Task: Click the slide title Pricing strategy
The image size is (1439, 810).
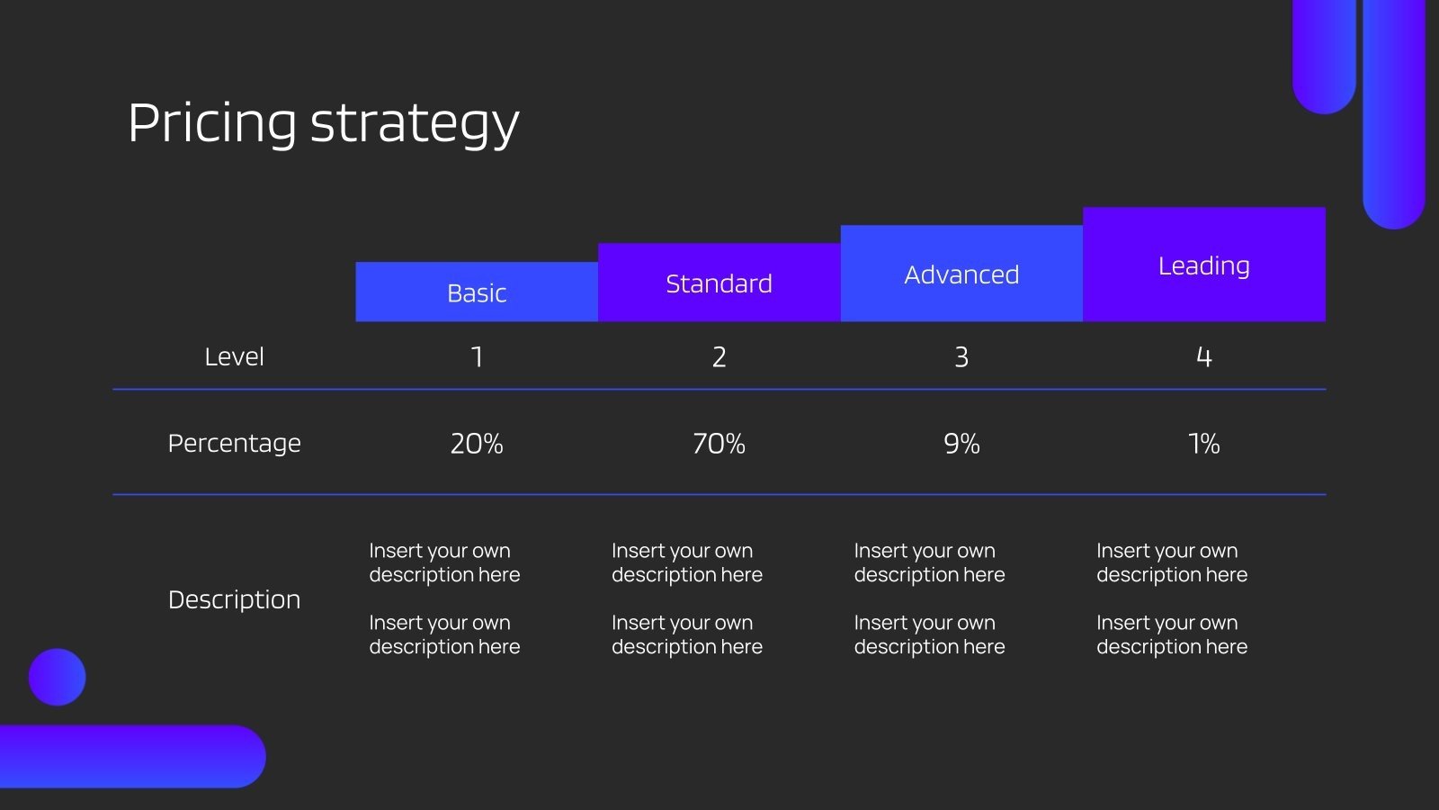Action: [323, 123]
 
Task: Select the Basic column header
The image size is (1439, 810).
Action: [477, 292]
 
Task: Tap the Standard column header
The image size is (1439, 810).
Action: [719, 283]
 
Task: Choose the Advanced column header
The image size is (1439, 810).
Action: [961, 274]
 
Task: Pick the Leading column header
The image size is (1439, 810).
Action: [1204, 265]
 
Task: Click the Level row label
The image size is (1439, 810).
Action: [234, 356]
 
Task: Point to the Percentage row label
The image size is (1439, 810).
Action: [234, 444]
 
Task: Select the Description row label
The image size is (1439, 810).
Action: [234, 599]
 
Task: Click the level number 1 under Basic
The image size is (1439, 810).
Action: [477, 356]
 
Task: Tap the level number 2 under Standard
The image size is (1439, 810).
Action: [719, 356]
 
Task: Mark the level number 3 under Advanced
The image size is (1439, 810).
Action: [961, 356]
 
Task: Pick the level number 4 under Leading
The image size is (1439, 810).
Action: [1204, 356]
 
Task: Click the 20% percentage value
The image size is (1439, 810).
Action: [477, 444]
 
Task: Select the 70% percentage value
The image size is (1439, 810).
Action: [719, 444]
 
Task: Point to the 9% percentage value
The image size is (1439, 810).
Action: [961, 444]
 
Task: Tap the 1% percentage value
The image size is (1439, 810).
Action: [1204, 444]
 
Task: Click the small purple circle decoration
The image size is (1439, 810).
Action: [58, 677]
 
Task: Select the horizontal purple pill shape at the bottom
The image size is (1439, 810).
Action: [131, 757]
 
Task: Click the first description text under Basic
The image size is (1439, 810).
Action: [444, 562]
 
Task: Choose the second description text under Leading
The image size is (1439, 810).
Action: [1172, 634]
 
